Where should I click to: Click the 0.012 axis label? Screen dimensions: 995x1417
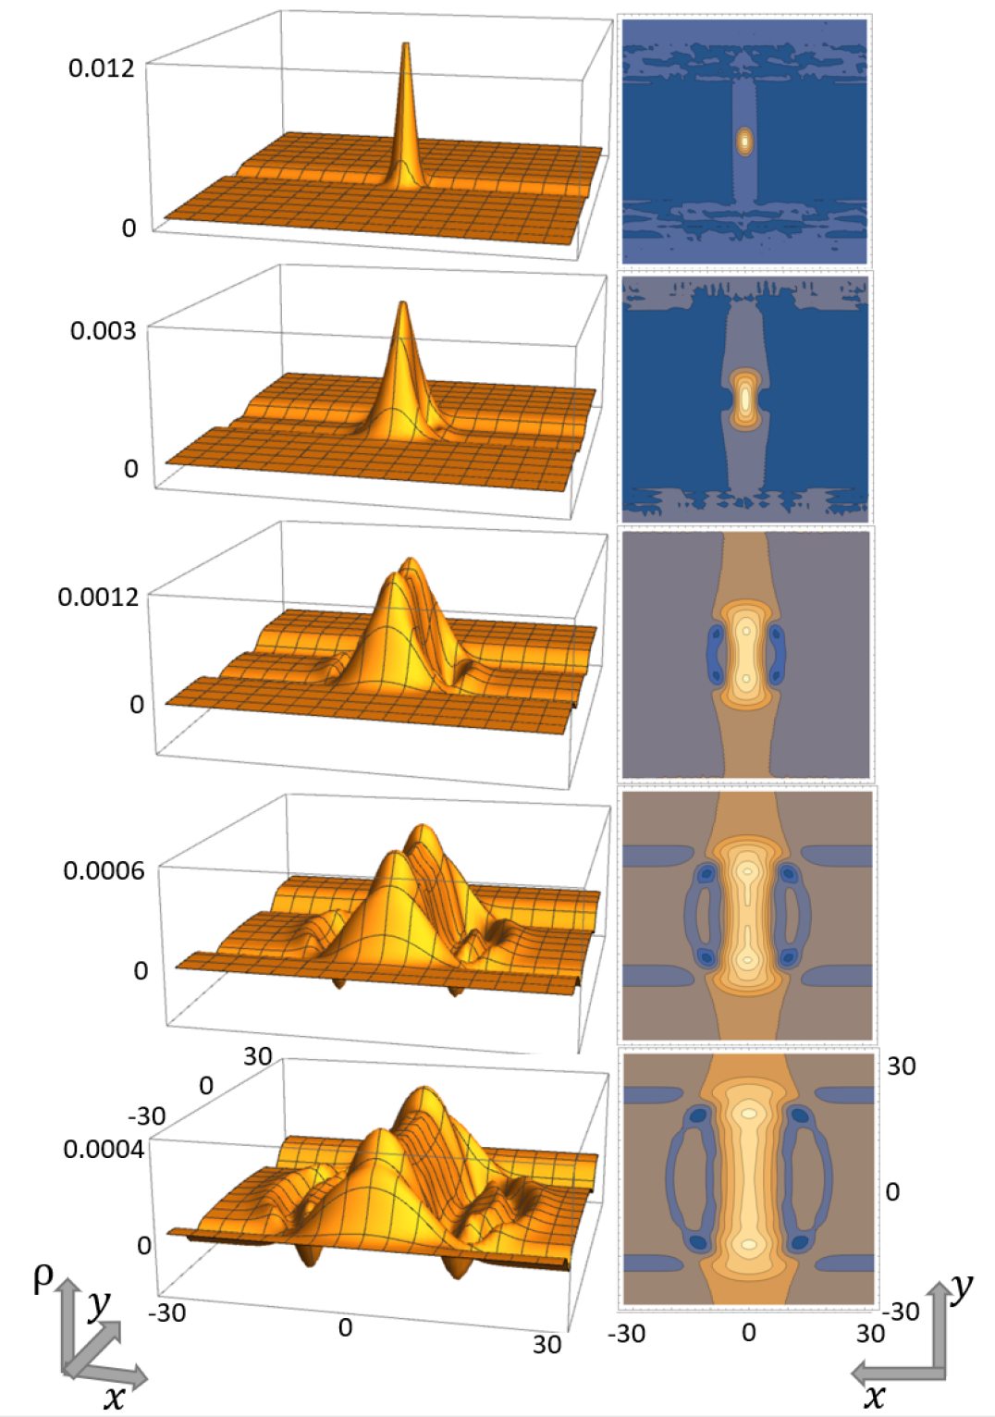pos(101,68)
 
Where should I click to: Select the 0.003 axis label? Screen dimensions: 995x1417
pos(103,330)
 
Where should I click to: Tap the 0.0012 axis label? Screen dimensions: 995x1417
pos(97,597)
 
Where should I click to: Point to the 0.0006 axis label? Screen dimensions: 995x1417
pos(104,870)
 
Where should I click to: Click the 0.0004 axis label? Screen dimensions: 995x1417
pos(104,1150)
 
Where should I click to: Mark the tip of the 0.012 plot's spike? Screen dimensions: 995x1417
pos(405,44)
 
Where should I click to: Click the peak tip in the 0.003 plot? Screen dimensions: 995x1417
pos(402,303)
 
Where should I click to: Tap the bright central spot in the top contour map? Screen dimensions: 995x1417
pos(744,142)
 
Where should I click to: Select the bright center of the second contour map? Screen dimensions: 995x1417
pos(745,400)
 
